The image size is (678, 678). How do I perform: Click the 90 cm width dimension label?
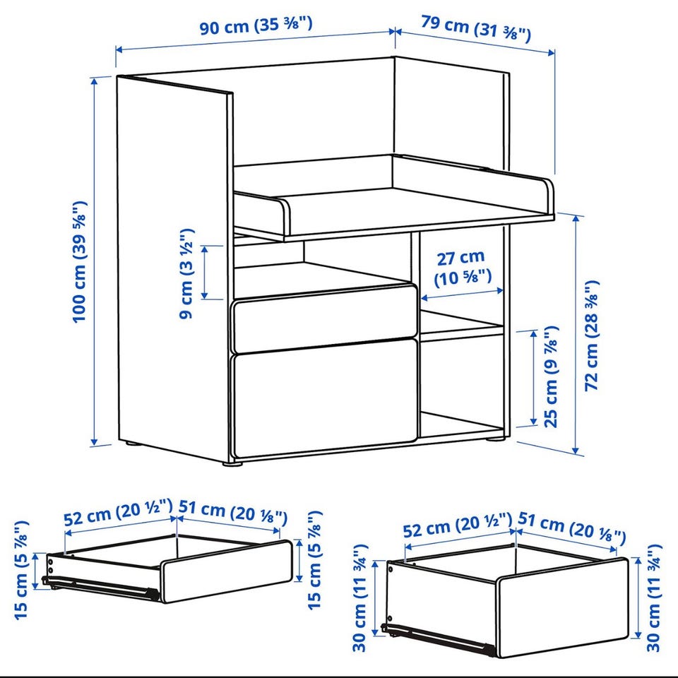(255, 26)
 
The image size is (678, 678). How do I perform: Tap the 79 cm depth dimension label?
(475, 28)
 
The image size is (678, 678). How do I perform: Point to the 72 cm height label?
(592, 336)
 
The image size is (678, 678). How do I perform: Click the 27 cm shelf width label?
(462, 268)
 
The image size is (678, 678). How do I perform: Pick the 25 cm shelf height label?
(551, 376)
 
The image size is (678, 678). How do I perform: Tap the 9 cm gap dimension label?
(186, 274)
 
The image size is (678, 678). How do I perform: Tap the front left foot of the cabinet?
(232, 464)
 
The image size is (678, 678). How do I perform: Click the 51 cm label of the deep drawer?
(571, 527)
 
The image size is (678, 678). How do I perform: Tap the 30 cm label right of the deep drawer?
(653, 598)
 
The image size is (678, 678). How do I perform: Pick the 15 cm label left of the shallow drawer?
(21, 570)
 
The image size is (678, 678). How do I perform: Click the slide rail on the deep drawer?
(438, 639)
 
